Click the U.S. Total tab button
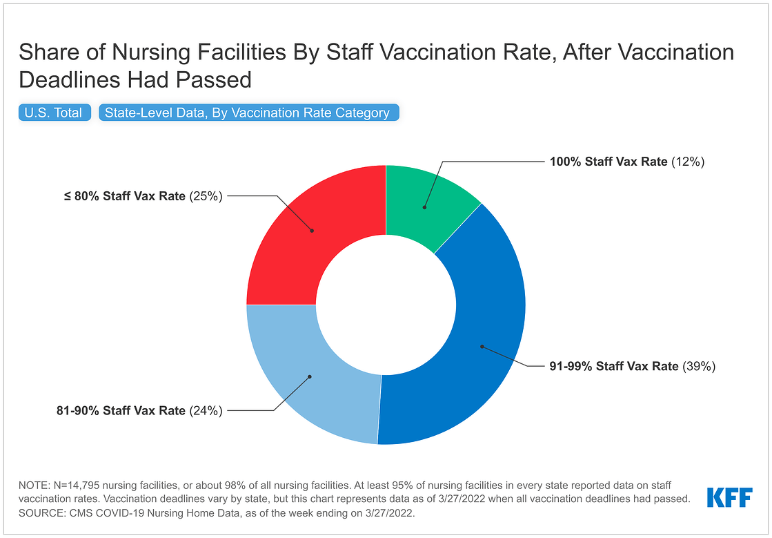tap(54, 113)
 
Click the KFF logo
tap(729, 497)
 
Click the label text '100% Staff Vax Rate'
tap(608, 162)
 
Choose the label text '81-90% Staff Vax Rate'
tap(121, 410)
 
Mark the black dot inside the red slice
tap(312, 231)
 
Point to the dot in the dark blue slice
tap(482, 346)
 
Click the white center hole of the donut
tap(386, 305)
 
